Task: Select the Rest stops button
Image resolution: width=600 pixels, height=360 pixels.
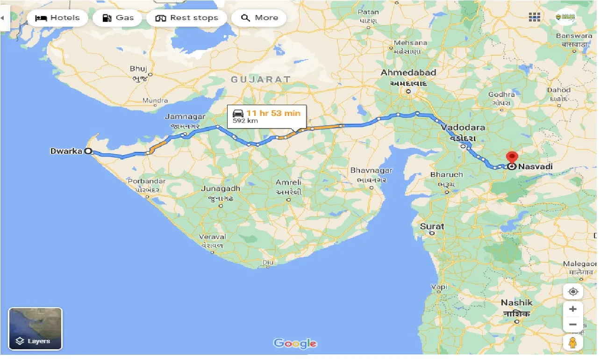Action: [186, 18]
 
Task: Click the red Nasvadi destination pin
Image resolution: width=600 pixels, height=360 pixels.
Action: [512, 158]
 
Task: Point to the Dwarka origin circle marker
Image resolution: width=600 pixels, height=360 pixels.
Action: [88, 151]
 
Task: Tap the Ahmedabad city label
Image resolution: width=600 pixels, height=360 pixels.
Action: [408, 72]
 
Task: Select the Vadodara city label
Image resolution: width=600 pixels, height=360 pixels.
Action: [463, 127]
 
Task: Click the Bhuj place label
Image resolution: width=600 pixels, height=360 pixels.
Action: [138, 69]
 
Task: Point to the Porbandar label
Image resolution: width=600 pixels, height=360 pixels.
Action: [147, 181]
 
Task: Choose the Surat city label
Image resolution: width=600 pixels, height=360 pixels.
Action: [432, 226]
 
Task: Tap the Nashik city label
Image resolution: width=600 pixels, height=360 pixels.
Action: [516, 302]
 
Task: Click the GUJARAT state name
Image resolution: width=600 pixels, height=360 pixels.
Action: [261, 79]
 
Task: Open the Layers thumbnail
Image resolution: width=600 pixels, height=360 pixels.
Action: [35, 329]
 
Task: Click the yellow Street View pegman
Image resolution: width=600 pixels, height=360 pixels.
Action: [573, 342]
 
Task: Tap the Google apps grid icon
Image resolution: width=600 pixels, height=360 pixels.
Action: [535, 17]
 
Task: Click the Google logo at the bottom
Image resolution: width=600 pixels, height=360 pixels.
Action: [295, 344]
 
